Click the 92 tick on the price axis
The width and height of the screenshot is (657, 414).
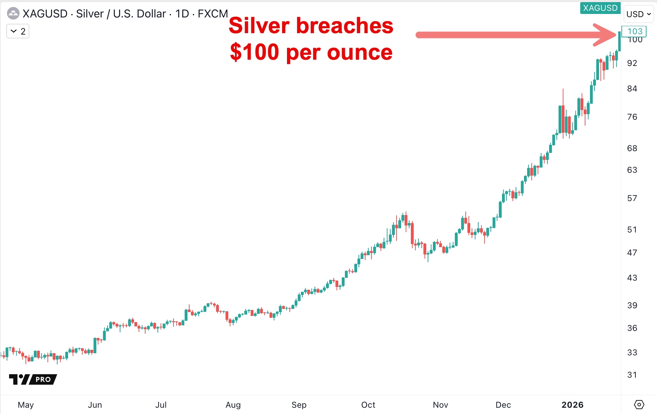632,63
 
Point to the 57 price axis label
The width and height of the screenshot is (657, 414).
632,198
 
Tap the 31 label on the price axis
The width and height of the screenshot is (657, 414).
632,375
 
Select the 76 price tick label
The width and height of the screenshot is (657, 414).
632,117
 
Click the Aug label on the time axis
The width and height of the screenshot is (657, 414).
233,405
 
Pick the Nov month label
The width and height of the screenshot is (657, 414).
440,405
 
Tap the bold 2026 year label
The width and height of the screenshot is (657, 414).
572,405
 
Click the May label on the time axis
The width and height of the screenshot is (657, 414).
25,405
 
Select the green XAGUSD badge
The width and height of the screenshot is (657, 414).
600,8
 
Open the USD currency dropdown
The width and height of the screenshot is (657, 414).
638,14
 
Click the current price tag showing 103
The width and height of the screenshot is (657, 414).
634,31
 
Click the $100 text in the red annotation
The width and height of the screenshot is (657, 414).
254,52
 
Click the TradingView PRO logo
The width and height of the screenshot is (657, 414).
33,379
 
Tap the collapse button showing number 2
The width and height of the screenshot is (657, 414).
18,31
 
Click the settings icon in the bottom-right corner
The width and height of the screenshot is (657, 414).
639,405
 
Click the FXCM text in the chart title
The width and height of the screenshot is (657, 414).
213,14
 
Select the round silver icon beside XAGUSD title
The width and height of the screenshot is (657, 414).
13,14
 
